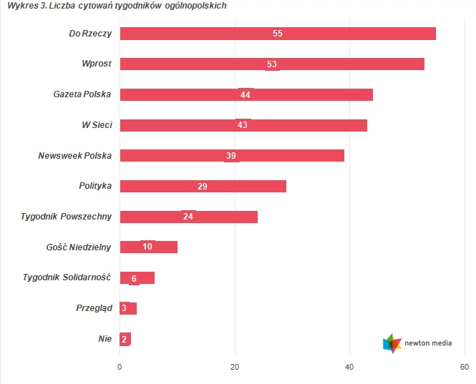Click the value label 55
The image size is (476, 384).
tap(278, 34)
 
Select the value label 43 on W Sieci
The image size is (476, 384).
tap(242, 125)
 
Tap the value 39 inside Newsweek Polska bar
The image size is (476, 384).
tap(230, 156)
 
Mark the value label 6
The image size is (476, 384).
tap(134, 277)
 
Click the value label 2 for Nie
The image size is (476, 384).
tap(124, 339)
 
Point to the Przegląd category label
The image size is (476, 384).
tap(94, 308)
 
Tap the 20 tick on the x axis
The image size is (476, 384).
tap(235, 367)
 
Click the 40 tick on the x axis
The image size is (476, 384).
tap(350, 367)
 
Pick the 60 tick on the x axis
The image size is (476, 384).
tap(464, 367)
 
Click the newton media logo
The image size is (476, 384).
tap(418, 343)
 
